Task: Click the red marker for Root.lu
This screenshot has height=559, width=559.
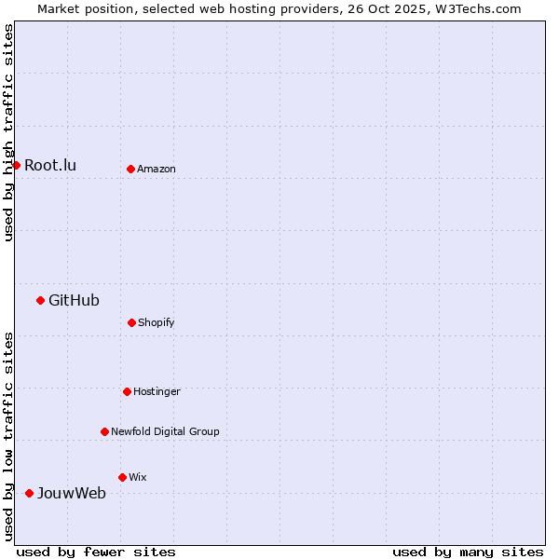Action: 16,166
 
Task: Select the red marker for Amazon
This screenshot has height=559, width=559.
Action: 131,170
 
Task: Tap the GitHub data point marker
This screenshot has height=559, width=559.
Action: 40,300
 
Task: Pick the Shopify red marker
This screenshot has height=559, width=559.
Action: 131,322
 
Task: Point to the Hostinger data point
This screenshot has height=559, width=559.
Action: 127,391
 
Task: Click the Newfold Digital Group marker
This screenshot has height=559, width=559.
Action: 104,431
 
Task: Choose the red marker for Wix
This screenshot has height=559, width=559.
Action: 122,477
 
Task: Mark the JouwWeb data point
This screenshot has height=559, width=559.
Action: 29,493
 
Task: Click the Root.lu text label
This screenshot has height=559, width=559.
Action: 50,166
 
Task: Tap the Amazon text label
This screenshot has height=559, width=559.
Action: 157,170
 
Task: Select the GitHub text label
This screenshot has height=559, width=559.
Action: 74,300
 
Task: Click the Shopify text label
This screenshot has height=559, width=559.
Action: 157,322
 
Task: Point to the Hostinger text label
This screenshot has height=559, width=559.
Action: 157,391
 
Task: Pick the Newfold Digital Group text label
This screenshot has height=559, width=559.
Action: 165,431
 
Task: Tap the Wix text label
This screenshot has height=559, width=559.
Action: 138,477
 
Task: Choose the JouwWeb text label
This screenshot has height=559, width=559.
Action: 72,493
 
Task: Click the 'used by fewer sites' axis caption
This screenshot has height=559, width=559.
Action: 96,552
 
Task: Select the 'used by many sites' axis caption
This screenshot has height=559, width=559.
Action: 468,552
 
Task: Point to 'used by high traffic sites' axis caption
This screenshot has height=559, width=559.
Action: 8,132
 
